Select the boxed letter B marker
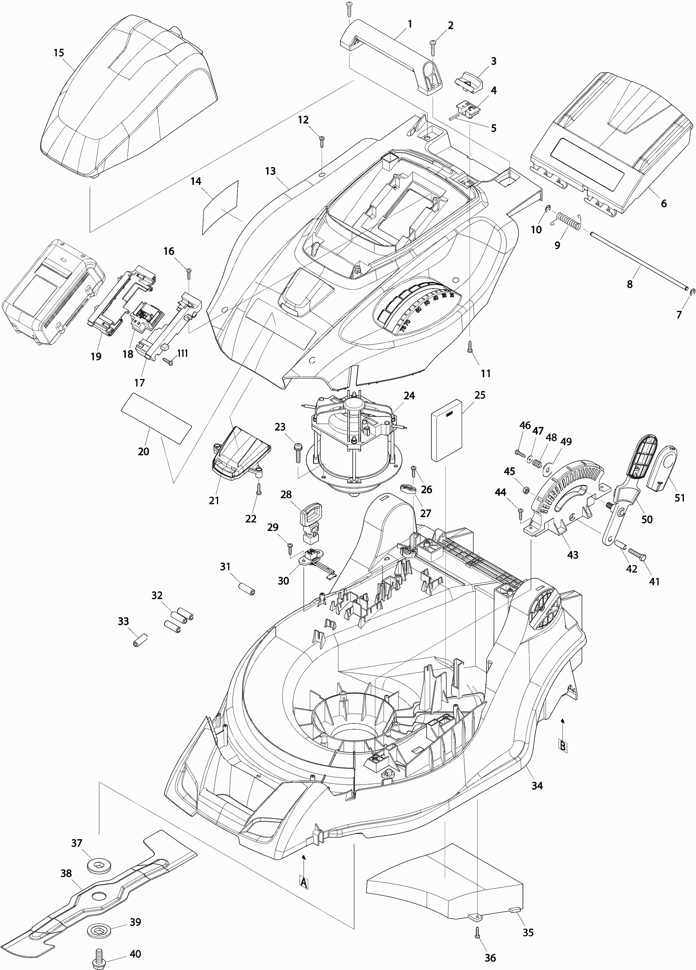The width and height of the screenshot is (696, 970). click(x=563, y=746)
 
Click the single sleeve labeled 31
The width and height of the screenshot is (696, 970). click(x=248, y=588)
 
